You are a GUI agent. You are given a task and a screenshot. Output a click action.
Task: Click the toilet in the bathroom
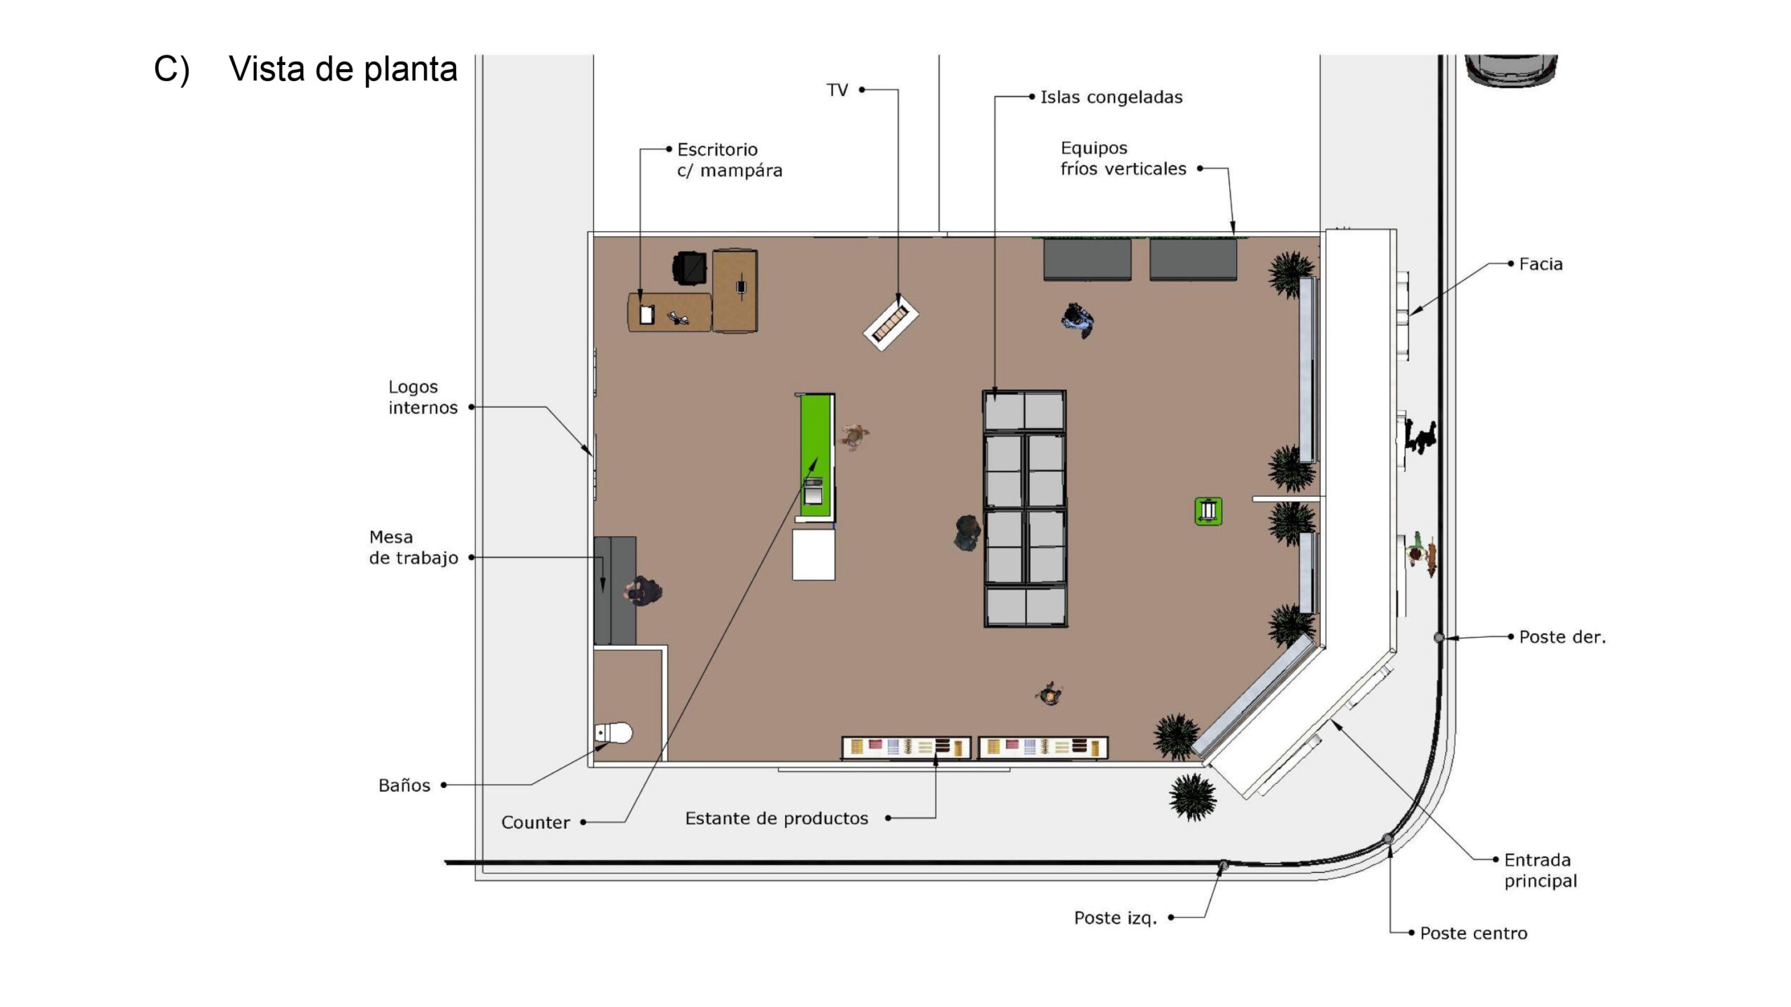[x=614, y=733]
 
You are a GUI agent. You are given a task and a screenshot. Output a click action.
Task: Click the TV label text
[x=837, y=90]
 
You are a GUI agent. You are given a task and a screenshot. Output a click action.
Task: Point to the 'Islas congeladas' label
[x=1111, y=97]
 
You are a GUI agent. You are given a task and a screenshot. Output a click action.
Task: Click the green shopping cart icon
[x=1208, y=511]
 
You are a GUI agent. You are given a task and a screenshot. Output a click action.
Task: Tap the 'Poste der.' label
[x=1562, y=637]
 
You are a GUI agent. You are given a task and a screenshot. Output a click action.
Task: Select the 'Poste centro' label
[x=1473, y=933]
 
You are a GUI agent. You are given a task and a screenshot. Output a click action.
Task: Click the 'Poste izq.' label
[x=1115, y=917]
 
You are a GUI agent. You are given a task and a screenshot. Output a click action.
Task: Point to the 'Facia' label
[x=1541, y=264]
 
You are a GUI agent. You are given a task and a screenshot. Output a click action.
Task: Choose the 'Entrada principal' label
[x=1541, y=870]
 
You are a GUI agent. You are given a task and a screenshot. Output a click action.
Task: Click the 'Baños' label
[x=404, y=785]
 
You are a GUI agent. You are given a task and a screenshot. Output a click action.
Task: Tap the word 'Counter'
[x=535, y=822]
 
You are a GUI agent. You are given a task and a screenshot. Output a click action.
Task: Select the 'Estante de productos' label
[x=777, y=818]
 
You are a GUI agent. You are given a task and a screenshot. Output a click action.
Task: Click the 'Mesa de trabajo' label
[x=413, y=548]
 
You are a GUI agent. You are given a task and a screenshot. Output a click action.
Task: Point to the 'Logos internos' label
[x=423, y=397]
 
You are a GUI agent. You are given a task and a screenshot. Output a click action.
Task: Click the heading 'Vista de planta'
[x=343, y=69]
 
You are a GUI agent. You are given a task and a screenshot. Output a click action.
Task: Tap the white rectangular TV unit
[x=891, y=322]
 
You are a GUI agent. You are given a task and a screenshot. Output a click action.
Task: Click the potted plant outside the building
[x=1192, y=796]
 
